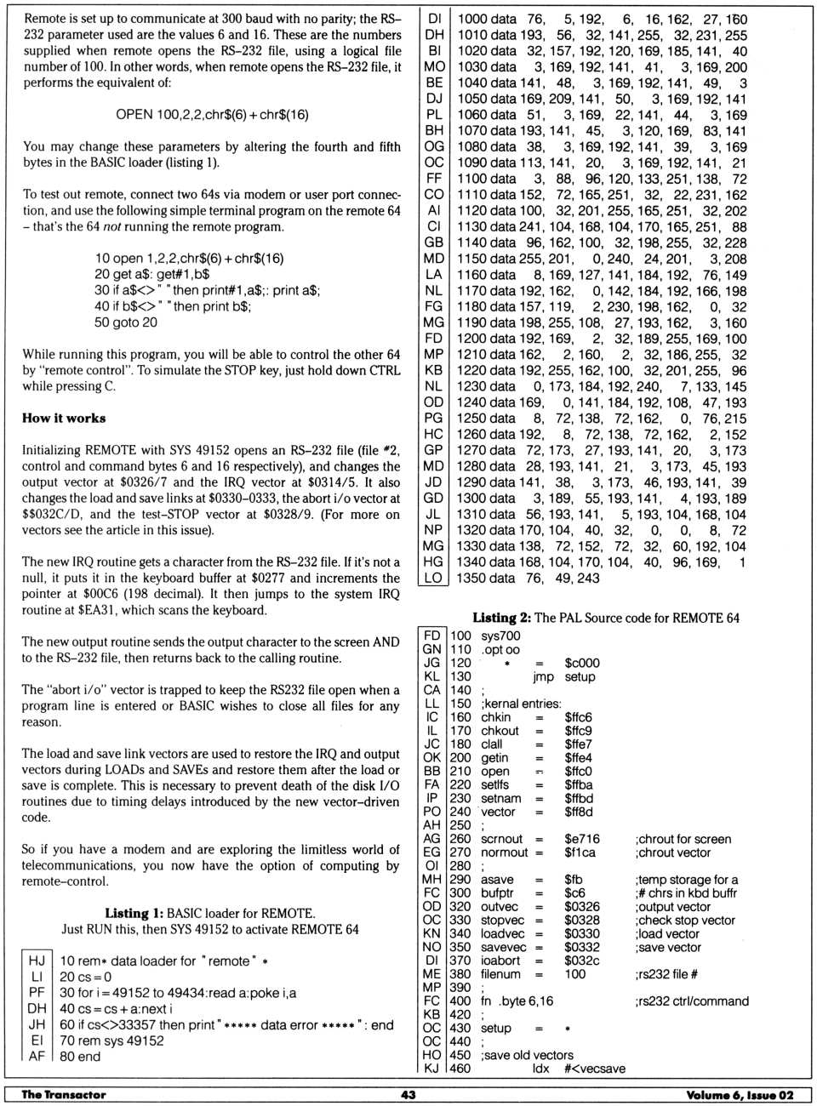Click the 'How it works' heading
coord(64,419)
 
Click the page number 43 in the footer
coord(408,1095)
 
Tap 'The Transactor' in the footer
coord(64,1095)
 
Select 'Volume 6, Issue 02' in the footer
coord(740,1095)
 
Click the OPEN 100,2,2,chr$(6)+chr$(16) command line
coord(212,115)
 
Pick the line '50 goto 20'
coord(126,322)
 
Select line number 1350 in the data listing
coord(471,579)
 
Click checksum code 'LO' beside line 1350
coord(433,579)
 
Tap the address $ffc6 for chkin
coord(578,717)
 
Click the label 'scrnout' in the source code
coord(501,839)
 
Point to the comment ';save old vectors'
coord(527,1055)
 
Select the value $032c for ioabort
coord(581,961)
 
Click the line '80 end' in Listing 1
coord(80,1057)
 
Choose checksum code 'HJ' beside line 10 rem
coord(37,961)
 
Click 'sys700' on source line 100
coord(500,636)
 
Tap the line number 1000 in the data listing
coord(471,19)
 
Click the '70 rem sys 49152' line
coord(111,1040)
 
